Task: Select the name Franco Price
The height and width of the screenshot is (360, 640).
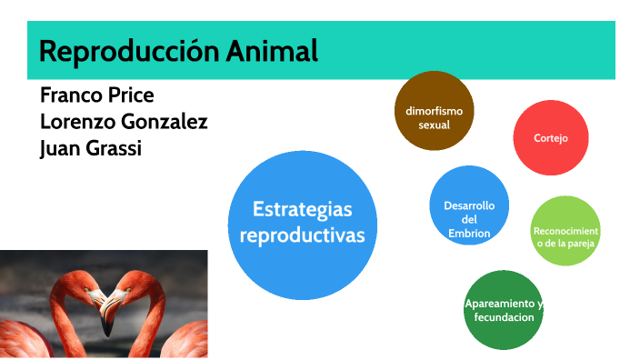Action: (96, 95)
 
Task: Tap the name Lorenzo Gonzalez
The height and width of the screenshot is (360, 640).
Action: (124, 121)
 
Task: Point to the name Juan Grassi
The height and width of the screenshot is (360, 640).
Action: (91, 146)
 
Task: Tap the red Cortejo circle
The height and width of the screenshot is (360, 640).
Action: (551, 138)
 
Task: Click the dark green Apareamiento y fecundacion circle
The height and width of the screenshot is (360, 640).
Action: (503, 310)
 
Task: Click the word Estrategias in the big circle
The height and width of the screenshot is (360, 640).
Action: (302, 210)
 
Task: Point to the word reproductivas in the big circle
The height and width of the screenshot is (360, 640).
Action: (301, 235)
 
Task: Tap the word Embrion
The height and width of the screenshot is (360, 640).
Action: (469, 233)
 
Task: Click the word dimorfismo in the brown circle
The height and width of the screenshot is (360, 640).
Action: (434, 111)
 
